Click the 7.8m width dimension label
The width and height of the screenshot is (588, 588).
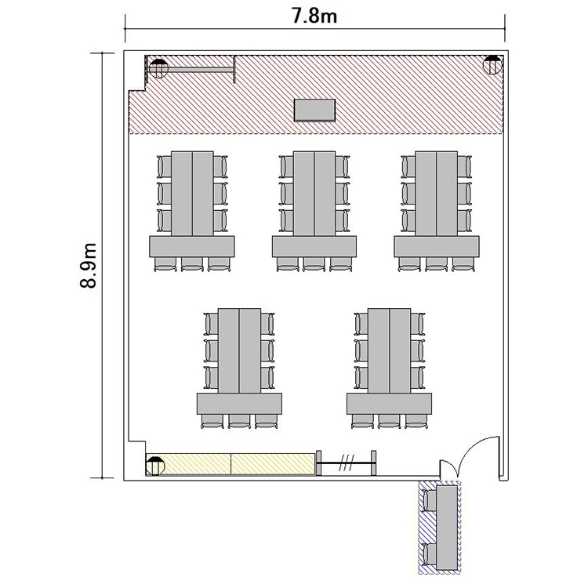pyautogui.click(x=314, y=16)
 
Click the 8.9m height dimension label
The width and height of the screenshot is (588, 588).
pyautogui.click(x=89, y=266)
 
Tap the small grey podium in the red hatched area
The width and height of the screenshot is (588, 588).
pyautogui.click(x=314, y=111)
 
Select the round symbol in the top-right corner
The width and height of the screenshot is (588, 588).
pyautogui.click(x=492, y=64)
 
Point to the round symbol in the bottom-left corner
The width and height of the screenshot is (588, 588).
pyautogui.click(x=155, y=466)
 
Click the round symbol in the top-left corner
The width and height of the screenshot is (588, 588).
pyautogui.click(x=158, y=68)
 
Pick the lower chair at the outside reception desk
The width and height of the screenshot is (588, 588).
pyautogui.click(x=430, y=554)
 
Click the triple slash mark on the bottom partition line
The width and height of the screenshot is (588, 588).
pyautogui.click(x=347, y=463)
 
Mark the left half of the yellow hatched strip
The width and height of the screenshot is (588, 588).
pyautogui.click(x=188, y=464)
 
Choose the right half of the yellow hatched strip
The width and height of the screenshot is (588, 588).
pyautogui.click(x=273, y=464)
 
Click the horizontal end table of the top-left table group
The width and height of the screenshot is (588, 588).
pyautogui.click(x=192, y=246)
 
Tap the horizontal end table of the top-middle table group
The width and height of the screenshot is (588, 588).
pyautogui.click(x=314, y=246)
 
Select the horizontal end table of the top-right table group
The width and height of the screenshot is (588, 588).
pyautogui.click(x=437, y=246)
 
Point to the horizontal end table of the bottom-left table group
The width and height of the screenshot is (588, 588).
pyautogui.click(x=239, y=404)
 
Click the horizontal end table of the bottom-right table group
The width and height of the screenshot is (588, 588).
pyautogui.click(x=389, y=404)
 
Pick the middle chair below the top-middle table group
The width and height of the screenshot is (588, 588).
pyautogui.click(x=314, y=264)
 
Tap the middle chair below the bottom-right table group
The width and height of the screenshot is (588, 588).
pyautogui.click(x=389, y=421)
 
